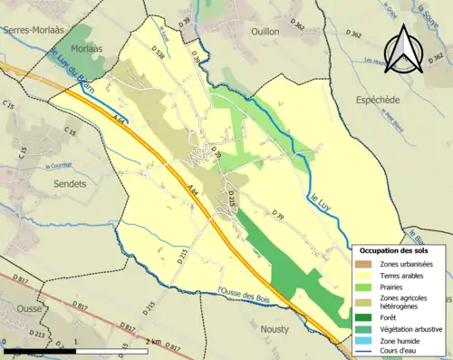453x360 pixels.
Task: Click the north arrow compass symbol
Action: coord(405,49)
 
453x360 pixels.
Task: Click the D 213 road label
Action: coord(37,334)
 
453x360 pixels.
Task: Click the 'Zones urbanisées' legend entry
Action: coord(407,264)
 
